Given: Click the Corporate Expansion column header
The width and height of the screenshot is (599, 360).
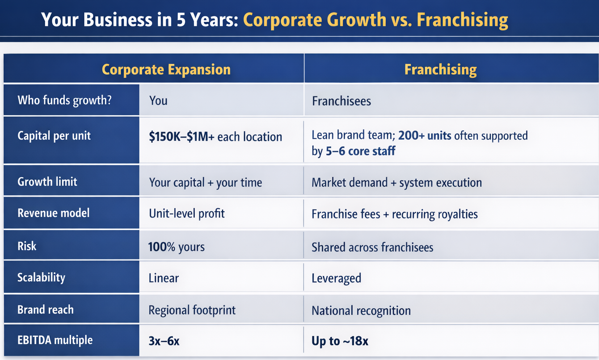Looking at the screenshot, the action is [166, 70].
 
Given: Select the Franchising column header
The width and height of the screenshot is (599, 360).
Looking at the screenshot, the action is [440, 70].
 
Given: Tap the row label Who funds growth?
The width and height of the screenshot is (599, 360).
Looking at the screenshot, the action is [64, 100].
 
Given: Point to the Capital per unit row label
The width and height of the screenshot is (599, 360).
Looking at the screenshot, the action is [54, 136].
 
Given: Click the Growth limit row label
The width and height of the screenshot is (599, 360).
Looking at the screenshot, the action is [47, 182].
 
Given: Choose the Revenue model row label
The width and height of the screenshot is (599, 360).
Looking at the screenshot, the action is [54, 213].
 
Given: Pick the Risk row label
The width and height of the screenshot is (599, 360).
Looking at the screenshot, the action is [27, 246].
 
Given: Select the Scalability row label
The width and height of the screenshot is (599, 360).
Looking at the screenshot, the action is [41, 277].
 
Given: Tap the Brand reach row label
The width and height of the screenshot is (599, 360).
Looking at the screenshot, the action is [46, 310].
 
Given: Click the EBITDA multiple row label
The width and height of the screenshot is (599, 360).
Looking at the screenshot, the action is [55, 340].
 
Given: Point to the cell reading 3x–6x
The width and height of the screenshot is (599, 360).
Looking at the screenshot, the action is [164, 341].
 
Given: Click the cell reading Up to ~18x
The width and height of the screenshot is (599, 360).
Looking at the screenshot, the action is [340, 341].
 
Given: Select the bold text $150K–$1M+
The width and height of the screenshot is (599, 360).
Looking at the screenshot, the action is [181, 137].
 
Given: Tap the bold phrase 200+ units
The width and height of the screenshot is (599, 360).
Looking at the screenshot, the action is [425, 135].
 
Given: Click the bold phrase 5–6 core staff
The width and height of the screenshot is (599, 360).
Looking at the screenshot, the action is [360, 151].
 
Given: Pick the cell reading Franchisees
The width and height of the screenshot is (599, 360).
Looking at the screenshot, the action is [342, 101].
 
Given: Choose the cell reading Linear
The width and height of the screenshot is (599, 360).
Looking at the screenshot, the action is [164, 278].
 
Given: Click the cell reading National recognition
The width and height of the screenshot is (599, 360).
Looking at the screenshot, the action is [361, 311].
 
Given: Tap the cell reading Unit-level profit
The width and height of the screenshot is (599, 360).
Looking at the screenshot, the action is [187, 213].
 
